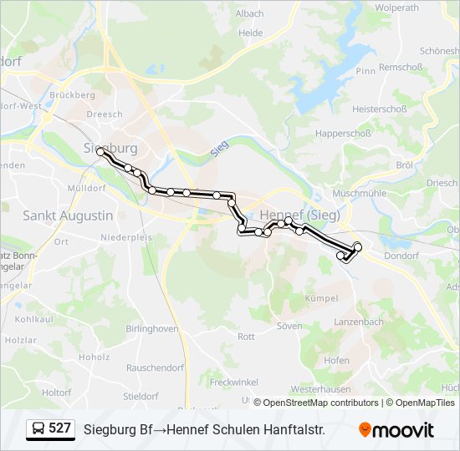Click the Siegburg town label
(110, 148)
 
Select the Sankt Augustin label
(68, 215)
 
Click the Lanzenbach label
(359, 322)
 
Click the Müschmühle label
(360, 193)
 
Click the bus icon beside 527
(37, 429)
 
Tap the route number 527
(59, 428)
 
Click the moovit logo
(396, 430)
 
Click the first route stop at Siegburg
(101, 152)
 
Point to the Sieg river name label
(220, 147)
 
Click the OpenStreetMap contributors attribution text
(321, 403)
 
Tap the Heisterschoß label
(379, 109)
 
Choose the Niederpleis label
(126, 237)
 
